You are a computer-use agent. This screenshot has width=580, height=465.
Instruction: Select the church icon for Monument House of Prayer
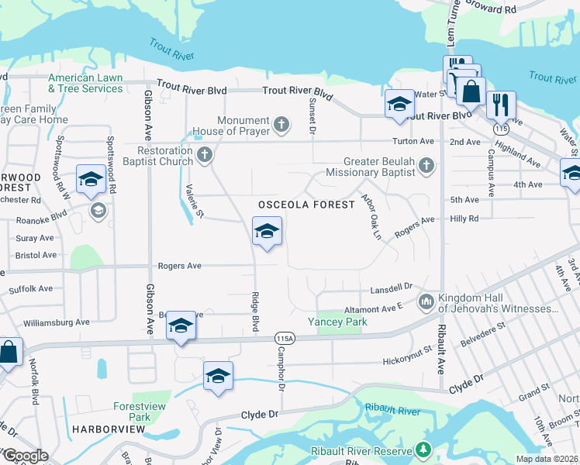[x=281, y=122]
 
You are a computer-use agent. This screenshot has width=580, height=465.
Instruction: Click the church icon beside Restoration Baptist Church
[x=205, y=155]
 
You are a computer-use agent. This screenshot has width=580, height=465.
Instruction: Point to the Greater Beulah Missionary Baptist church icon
[x=426, y=165]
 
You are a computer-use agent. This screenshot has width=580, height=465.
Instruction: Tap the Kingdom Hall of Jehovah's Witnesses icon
[x=426, y=301]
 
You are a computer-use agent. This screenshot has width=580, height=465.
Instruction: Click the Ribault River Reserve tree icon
[x=423, y=449]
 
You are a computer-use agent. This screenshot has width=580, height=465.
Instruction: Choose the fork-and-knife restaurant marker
[x=501, y=103]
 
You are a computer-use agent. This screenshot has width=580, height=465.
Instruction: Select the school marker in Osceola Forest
[x=267, y=231]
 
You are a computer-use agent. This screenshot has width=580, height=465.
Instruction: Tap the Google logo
[x=25, y=456]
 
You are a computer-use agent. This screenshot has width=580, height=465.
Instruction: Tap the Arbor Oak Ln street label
[x=371, y=216]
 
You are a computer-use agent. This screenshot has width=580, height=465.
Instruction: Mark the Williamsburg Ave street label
[x=57, y=322]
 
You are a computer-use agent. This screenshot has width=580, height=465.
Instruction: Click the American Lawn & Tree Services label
[x=85, y=83]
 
